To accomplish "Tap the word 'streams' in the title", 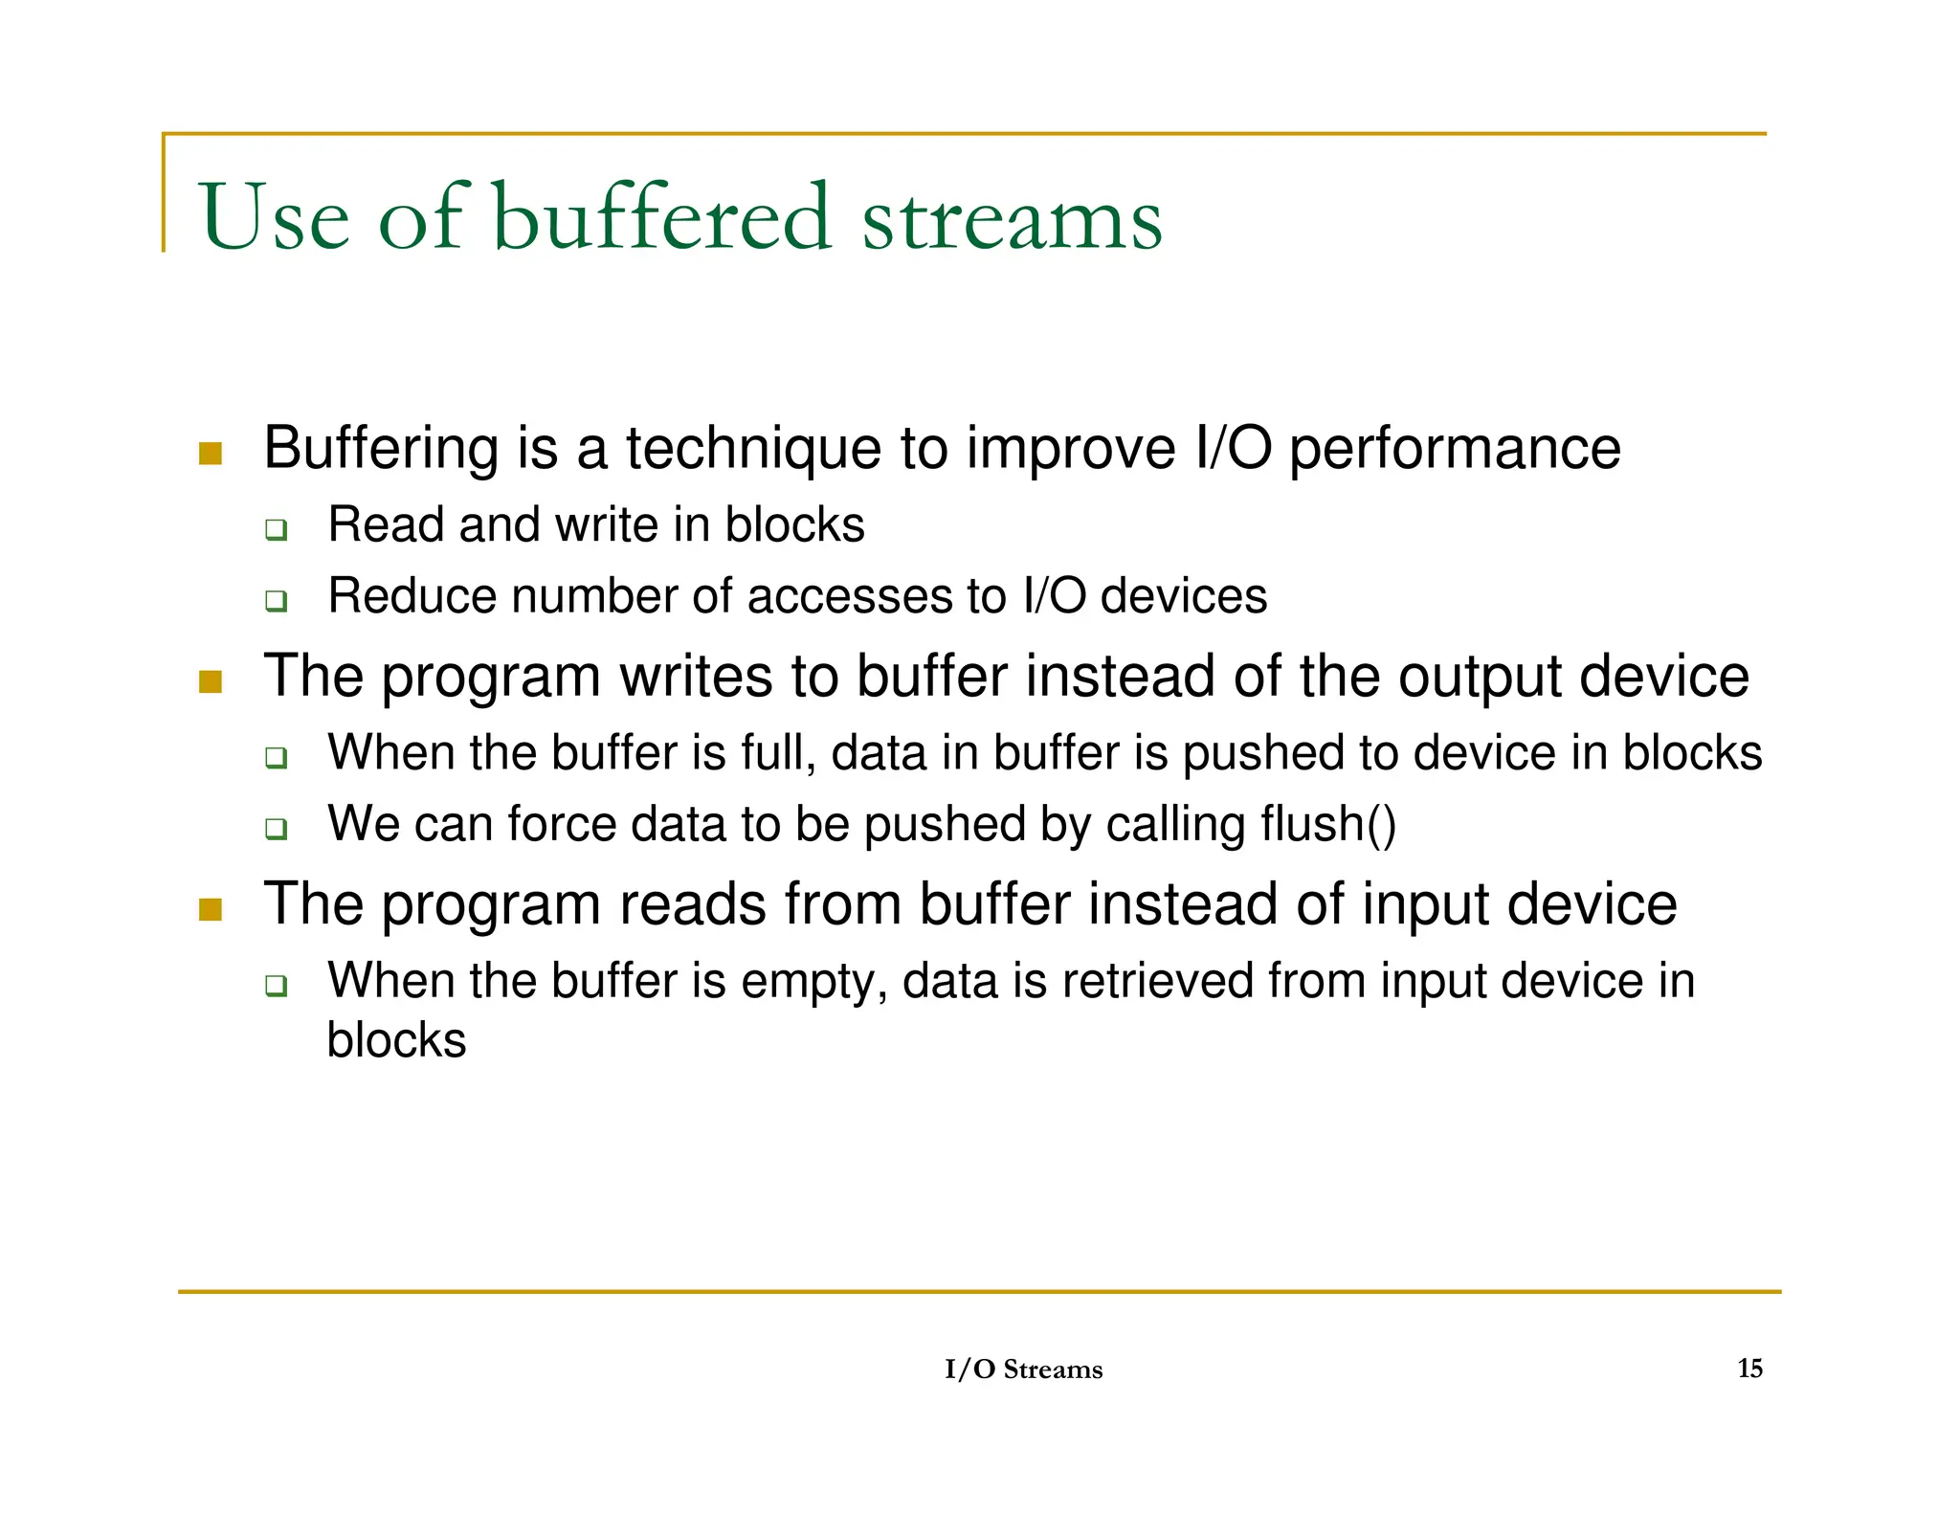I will point(1012,220).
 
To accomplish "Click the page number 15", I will point(1749,1368).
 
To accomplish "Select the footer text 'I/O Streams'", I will point(1023,1369).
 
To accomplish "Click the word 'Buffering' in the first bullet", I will point(381,448).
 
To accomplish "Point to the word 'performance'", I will point(1455,448).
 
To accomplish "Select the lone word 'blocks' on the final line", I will point(396,1040).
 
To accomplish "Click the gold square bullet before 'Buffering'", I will point(211,453).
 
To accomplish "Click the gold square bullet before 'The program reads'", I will point(211,909).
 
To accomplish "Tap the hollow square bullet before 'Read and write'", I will point(277,529).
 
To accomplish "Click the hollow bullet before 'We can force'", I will point(277,829).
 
